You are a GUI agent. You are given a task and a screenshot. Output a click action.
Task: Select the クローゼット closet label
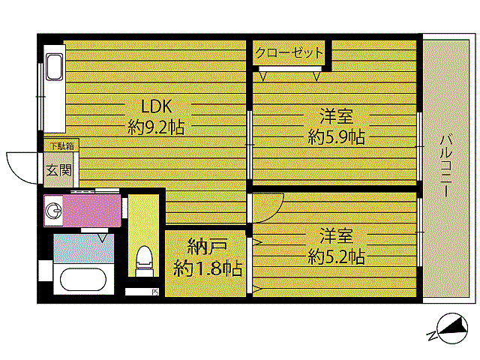289,53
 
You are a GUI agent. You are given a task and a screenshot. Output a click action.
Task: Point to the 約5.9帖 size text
336,137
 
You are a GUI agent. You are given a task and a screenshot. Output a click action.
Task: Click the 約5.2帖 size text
336,256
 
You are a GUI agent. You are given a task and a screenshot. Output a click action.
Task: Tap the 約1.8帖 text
207,267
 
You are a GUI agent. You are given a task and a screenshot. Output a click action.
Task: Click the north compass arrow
454,328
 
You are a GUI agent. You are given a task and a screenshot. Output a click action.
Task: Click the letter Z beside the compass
431,334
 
